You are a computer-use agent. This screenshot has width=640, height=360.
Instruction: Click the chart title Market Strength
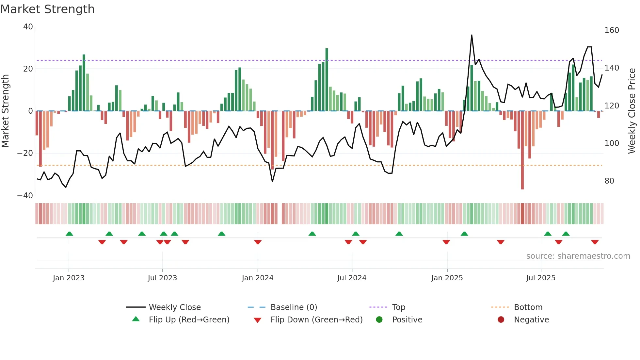pyautogui.click(x=47, y=9)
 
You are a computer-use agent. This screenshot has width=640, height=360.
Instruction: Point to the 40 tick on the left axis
pyautogui.click(x=28, y=27)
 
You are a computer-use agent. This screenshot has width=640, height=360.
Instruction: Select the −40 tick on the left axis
pyautogui.click(x=25, y=196)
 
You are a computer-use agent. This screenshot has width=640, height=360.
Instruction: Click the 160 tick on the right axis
pyautogui.click(x=612, y=30)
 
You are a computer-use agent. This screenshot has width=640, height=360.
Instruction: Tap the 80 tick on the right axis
pyautogui.click(x=609, y=181)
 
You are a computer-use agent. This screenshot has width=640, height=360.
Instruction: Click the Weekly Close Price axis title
pyautogui.click(x=632, y=111)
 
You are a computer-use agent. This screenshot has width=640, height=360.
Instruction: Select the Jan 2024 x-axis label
pyautogui.click(x=258, y=278)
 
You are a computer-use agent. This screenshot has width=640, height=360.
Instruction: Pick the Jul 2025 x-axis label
pyautogui.click(x=541, y=278)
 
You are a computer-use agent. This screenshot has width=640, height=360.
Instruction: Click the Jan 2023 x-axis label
pyautogui.click(x=69, y=278)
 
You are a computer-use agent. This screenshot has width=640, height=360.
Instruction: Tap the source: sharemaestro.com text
pyautogui.click(x=578, y=256)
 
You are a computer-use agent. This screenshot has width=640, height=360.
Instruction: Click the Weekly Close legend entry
pyautogui.click(x=175, y=307)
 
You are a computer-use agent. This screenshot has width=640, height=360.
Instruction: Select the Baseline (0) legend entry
pyautogui.click(x=294, y=307)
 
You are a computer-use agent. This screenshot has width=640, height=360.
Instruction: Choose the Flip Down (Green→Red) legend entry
pyautogui.click(x=316, y=320)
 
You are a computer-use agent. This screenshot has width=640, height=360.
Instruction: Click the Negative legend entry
pyautogui.click(x=531, y=320)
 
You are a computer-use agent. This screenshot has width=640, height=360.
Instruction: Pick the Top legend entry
pyautogui.click(x=398, y=307)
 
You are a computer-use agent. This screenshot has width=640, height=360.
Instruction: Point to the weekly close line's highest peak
pyautogui.click(x=472, y=35)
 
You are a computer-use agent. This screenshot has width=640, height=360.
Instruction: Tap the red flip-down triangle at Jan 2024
pyautogui.click(x=258, y=242)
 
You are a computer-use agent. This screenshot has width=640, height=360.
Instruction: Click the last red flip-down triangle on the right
pyautogui.click(x=595, y=242)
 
